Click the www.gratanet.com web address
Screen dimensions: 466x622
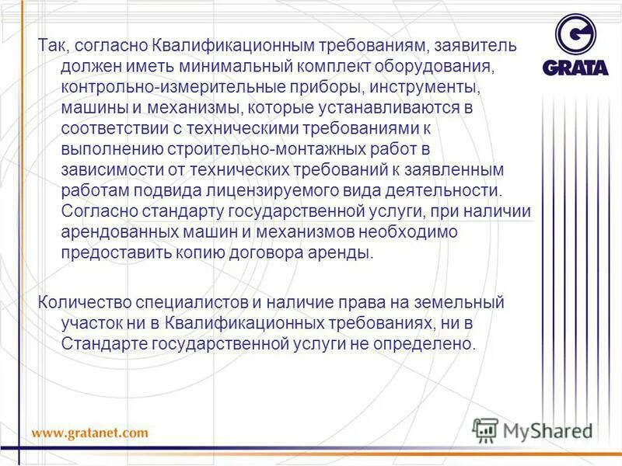[x=89, y=433]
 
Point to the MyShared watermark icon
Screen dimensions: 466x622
[x=486, y=429]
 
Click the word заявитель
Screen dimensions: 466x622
[x=478, y=45]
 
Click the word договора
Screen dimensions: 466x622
[x=278, y=253]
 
